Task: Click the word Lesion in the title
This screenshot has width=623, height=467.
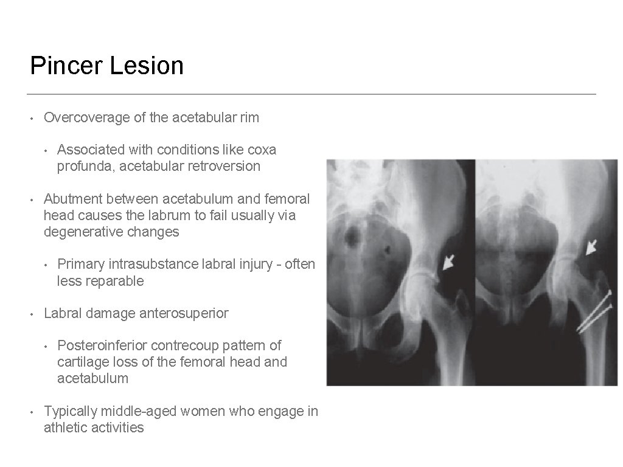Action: (147, 66)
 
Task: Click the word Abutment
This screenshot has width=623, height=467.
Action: (72, 199)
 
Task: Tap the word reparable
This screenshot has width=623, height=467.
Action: (115, 281)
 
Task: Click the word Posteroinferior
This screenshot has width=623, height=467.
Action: (102, 345)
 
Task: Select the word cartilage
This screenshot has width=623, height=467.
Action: (81, 362)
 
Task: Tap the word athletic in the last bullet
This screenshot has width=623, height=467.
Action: (64, 428)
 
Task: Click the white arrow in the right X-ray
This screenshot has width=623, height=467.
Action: (590, 246)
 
